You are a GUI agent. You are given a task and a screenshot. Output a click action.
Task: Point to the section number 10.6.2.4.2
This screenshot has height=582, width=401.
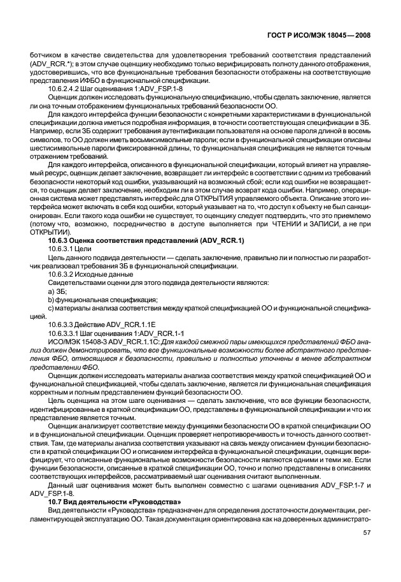(x=59, y=89)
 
